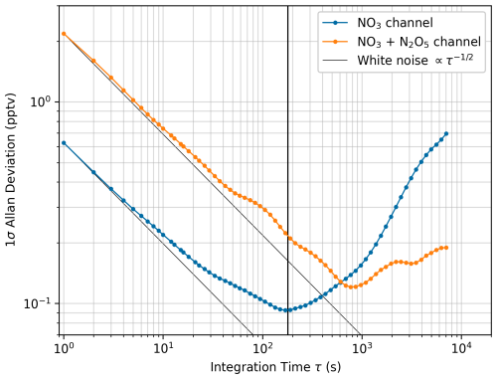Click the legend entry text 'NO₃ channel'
pyautogui.click(x=395, y=23)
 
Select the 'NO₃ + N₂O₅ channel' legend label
pyautogui.click(x=418, y=42)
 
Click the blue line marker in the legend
pyautogui.click(x=335, y=23)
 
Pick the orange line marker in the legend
pyautogui.click(x=335, y=42)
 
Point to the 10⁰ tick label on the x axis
pyautogui.click(x=64, y=348)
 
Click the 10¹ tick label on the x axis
pyautogui.click(x=163, y=348)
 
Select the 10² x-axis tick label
pyautogui.click(x=262, y=348)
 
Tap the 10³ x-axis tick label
pyautogui.click(x=362, y=348)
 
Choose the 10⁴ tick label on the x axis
pyautogui.click(x=461, y=348)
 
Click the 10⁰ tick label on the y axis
pyautogui.click(x=41, y=101)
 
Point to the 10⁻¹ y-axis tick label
pyautogui.click(x=38, y=303)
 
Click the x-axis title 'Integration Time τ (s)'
pyautogui.click(x=275, y=367)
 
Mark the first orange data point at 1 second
pyautogui.click(x=64, y=34)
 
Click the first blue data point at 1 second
pyautogui.click(x=64, y=143)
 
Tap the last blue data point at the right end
pyautogui.click(x=446, y=133)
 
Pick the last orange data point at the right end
pyautogui.click(x=446, y=248)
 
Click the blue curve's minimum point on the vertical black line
pyautogui.click(x=287, y=310)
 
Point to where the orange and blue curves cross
pyautogui.click(x=341, y=282)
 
